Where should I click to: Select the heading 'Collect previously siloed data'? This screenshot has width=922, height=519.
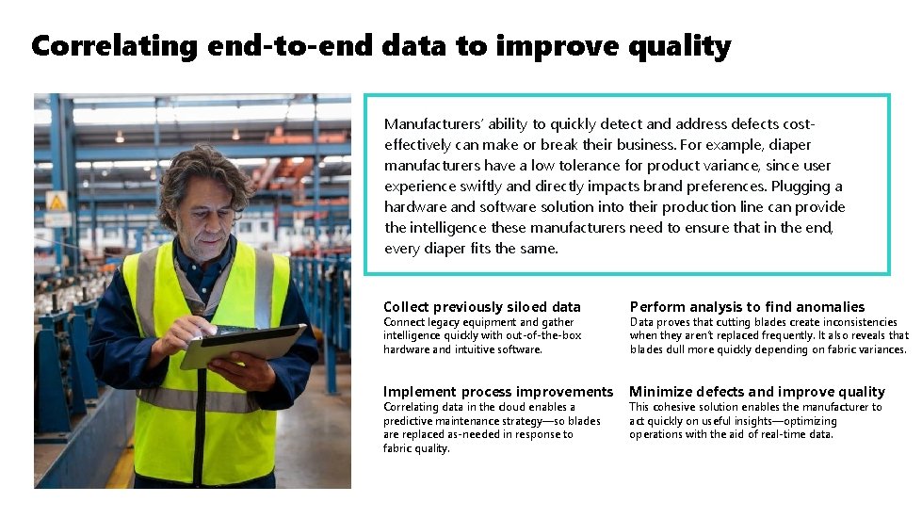(482, 306)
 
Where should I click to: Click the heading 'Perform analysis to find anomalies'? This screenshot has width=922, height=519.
(747, 306)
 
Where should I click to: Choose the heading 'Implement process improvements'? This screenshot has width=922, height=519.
(498, 392)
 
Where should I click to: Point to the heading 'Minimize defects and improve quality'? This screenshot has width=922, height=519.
(757, 392)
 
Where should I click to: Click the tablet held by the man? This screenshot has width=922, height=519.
(243, 345)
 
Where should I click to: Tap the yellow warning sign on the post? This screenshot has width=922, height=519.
(57, 201)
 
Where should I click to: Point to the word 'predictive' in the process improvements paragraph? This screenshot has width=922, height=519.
(407, 421)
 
